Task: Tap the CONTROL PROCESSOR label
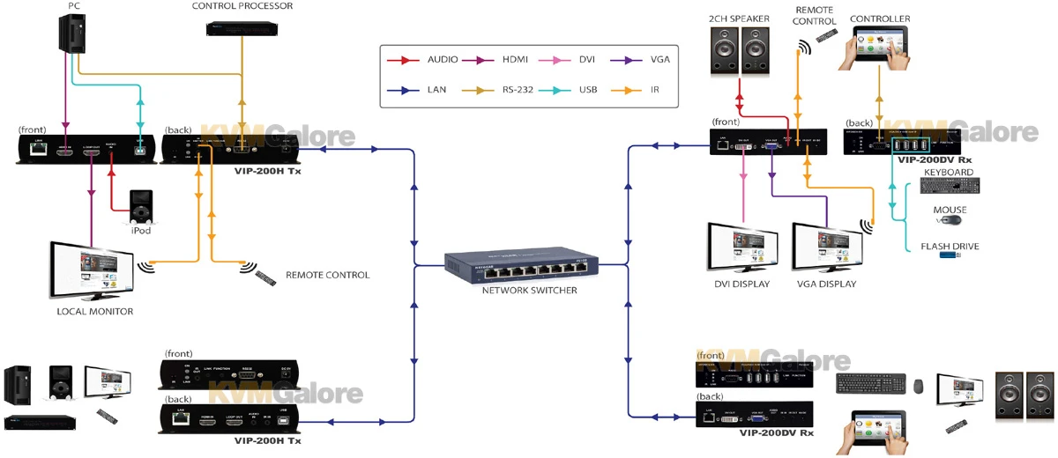pyautogui.click(x=242, y=6)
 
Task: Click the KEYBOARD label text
pyautogui.click(x=948, y=172)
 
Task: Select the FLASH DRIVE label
pyautogui.click(x=950, y=247)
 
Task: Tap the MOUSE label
pyautogui.click(x=950, y=210)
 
